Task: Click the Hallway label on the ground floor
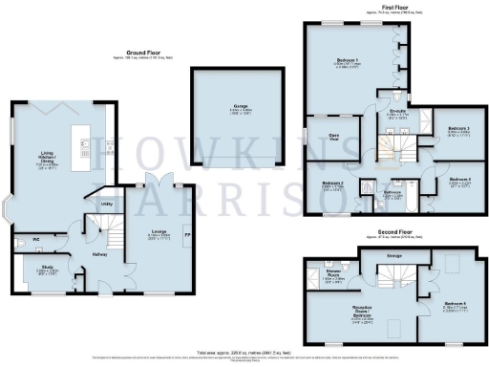click(x=99, y=253)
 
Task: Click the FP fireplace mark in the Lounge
click(x=186, y=234)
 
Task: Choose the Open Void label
click(x=335, y=136)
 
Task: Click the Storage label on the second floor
click(x=393, y=255)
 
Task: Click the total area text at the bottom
click(x=244, y=352)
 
